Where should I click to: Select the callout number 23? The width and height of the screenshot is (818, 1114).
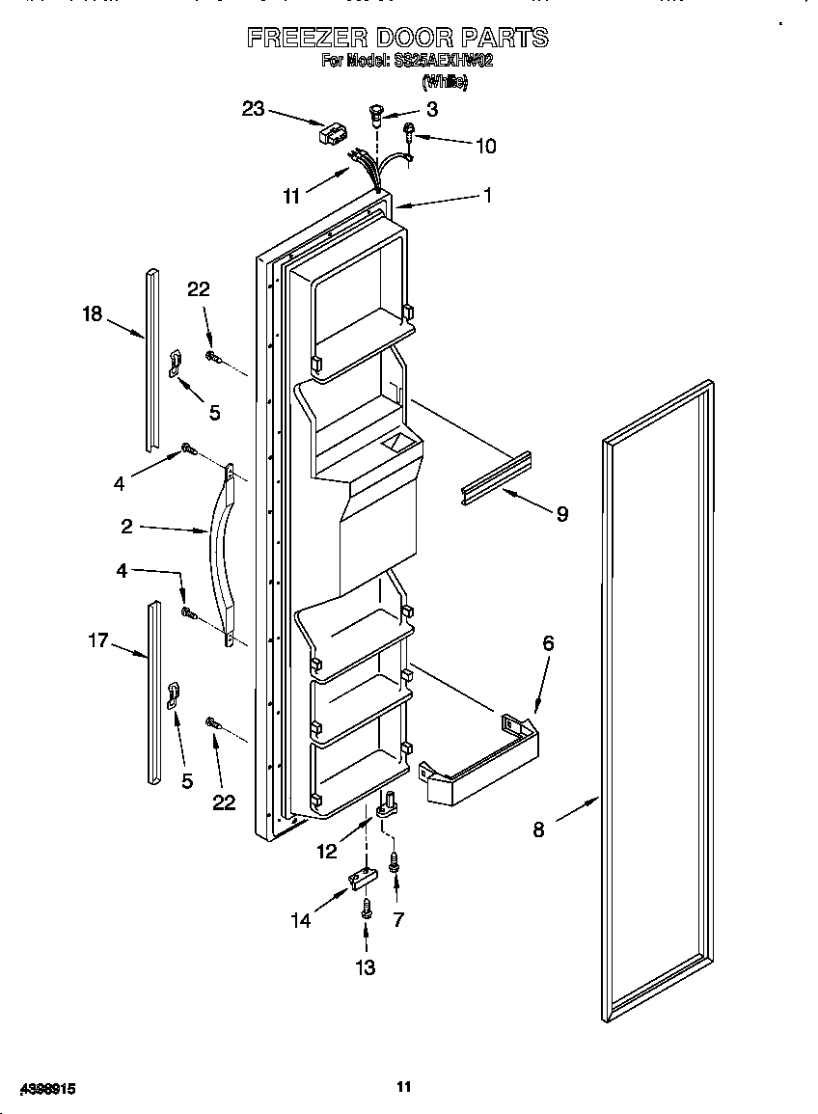[253, 109]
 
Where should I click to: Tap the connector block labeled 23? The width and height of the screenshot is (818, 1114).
[333, 132]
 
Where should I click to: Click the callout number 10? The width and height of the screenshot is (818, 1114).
[485, 146]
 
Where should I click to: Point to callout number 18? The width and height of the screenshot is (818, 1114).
[92, 314]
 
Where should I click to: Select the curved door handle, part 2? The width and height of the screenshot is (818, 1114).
[221, 555]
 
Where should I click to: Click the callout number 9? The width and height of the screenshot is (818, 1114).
[561, 514]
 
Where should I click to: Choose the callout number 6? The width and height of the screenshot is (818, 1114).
[548, 643]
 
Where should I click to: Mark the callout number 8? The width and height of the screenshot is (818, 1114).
[538, 829]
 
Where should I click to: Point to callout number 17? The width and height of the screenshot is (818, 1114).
[98, 639]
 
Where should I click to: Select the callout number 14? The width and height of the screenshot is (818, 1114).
[302, 920]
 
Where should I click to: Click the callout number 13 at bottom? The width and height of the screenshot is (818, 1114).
[366, 967]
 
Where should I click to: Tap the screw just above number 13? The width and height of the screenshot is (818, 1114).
[367, 908]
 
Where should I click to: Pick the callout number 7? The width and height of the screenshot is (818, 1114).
[397, 920]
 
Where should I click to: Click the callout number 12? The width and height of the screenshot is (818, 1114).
[327, 851]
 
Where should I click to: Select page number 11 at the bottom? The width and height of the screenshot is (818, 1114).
[404, 1087]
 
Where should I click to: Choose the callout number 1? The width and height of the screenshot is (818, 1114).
[487, 195]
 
